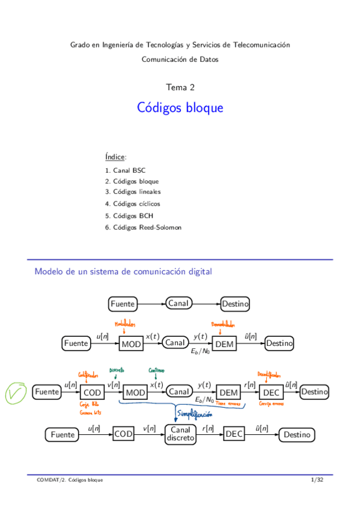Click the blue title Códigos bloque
pyautogui.click(x=180, y=108)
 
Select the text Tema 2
pyautogui.click(x=180, y=87)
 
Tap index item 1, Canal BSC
pyautogui.click(x=125, y=170)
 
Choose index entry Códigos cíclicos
pyautogui.click(x=132, y=203)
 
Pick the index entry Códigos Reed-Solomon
pyautogui.click(x=142, y=227)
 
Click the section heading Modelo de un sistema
pyautogui.click(x=123, y=271)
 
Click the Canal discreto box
pyautogui.click(x=180, y=434)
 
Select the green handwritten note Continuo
pyautogui.click(x=156, y=370)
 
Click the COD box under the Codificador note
pyautogui.click(x=91, y=392)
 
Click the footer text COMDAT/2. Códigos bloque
pyautogui.click(x=69, y=480)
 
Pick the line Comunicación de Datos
pyautogui.click(x=180, y=59)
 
